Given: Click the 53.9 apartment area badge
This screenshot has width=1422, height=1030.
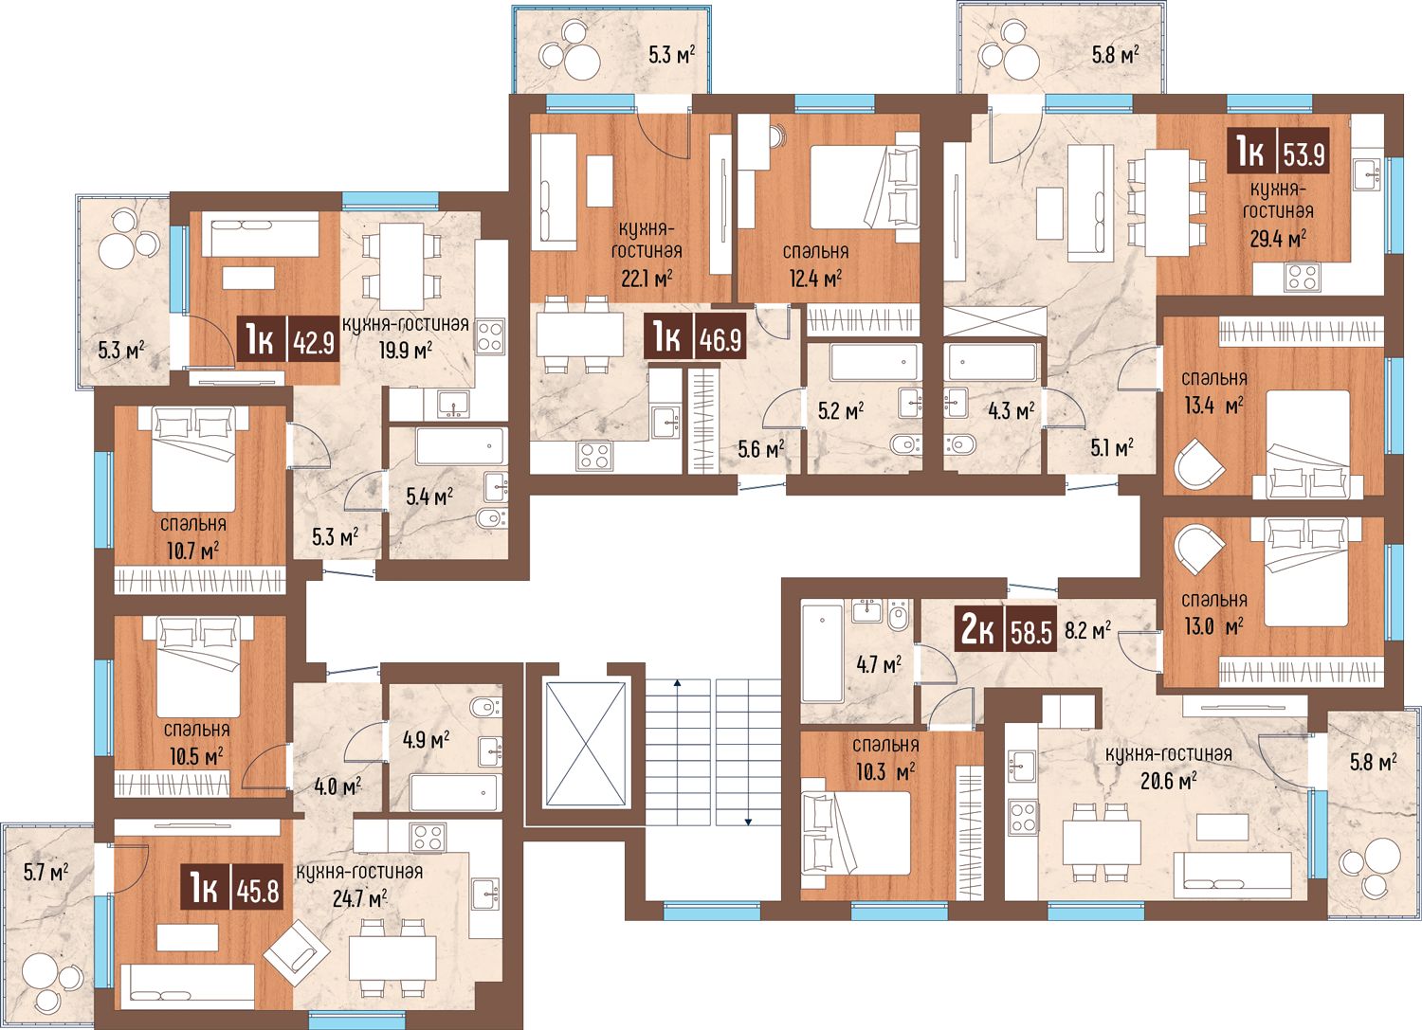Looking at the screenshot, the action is click(1278, 152).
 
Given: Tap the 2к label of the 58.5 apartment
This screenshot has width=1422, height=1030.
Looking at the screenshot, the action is click(978, 631).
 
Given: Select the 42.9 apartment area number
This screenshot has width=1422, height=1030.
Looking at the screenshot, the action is click(314, 345).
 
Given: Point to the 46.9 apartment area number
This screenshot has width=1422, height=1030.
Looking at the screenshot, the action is click(720, 341).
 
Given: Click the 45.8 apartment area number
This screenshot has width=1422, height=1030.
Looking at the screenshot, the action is click(258, 892).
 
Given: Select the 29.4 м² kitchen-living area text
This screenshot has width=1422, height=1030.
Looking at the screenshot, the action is click(1278, 239).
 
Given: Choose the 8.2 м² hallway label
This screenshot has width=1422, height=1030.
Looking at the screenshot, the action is click(1088, 630).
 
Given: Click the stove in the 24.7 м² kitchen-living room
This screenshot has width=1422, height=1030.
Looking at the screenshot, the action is click(428, 837).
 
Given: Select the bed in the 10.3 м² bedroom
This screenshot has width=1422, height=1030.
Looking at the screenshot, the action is click(857, 833).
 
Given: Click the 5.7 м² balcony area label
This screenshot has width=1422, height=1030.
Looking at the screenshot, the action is click(46, 873).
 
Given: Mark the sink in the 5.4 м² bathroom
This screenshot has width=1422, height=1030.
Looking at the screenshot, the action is click(496, 487).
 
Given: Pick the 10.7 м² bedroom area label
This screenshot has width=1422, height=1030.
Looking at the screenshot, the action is click(193, 551).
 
